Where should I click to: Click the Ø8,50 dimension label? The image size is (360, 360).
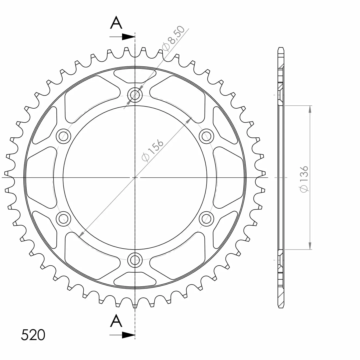[x=173, y=38]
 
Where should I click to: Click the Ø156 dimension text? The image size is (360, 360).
[x=152, y=151]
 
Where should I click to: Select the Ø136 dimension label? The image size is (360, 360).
[x=304, y=179]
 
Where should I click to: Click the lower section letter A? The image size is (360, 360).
[x=116, y=320]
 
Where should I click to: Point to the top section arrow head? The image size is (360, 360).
[x=128, y=37]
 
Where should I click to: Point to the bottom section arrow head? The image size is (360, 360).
[x=128, y=335]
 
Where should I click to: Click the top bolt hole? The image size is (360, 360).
[x=135, y=95]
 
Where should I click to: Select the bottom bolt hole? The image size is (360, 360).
[x=135, y=260]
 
